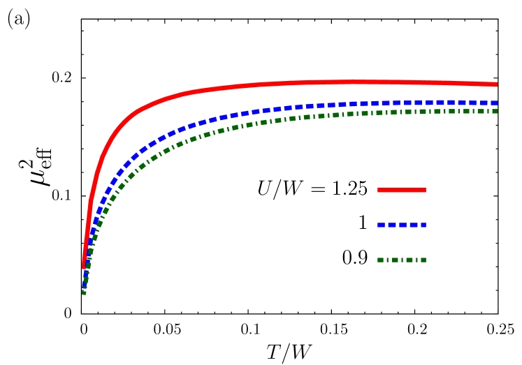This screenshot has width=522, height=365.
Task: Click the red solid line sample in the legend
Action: [x=402, y=190]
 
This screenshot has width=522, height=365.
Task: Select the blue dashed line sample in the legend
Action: [x=402, y=225]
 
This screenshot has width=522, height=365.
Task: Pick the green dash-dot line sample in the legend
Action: [x=402, y=260]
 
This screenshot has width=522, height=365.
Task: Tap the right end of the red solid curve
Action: [x=496, y=84]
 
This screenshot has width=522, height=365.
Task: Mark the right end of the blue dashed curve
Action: [x=496, y=103]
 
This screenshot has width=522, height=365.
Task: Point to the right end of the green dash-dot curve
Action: [x=496, y=111]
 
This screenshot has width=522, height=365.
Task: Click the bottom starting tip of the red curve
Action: [x=84, y=267]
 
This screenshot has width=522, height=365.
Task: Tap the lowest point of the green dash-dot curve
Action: [x=84, y=293]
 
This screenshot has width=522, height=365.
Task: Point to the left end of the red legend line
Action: [x=378, y=190]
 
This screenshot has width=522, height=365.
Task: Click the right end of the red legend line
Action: [x=426, y=190]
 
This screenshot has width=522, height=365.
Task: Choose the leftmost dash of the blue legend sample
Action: [x=381, y=225]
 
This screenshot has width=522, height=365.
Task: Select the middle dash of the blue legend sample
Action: [x=403, y=225]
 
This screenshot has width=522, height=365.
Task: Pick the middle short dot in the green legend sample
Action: [x=402, y=260]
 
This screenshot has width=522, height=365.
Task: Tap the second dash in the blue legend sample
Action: [x=392, y=225]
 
